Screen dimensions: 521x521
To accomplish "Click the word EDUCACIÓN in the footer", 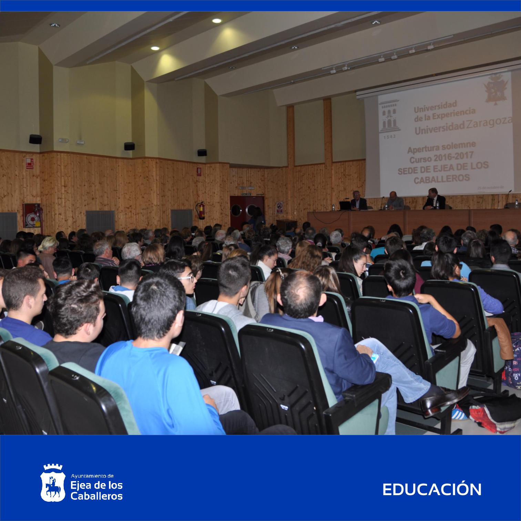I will [432, 490].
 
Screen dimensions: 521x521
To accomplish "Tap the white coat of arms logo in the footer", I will [53, 483].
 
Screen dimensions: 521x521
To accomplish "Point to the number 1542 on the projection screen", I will [389, 136].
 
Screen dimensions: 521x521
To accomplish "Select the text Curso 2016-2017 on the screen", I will [442, 159].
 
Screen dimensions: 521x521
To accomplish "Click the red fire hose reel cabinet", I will [32, 216].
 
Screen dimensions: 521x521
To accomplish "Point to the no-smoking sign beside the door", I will [279, 207].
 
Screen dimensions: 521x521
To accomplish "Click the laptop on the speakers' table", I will [345, 206].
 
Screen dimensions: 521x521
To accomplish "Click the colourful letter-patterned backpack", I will [512, 362].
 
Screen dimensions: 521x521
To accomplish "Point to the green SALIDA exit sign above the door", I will [246, 194].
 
